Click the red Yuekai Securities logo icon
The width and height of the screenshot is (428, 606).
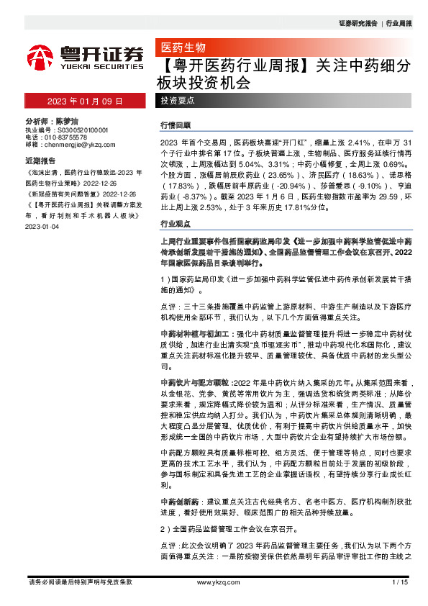(x=40, y=55)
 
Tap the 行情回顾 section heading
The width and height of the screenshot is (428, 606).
(x=175, y=125)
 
